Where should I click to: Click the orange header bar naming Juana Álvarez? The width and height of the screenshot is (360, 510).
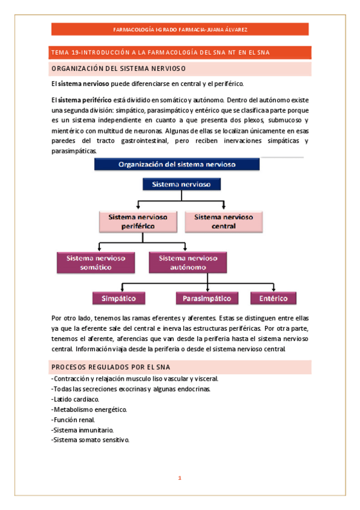click(180, 29)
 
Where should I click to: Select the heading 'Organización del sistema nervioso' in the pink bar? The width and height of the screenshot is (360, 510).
click(118, 68)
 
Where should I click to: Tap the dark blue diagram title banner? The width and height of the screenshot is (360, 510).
click(177, 164)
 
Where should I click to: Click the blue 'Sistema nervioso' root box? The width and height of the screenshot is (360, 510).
click(177, 184)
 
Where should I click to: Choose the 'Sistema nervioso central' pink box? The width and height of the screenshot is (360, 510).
click(224, 221)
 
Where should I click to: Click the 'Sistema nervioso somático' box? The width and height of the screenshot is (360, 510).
click(96, 262)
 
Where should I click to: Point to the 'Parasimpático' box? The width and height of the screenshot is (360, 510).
click(207, 298)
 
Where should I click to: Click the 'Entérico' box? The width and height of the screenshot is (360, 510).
click(273, 298)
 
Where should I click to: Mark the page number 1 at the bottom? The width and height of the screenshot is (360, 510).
click(179, 478)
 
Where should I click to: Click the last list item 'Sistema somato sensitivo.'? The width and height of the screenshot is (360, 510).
click(90, 440)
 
